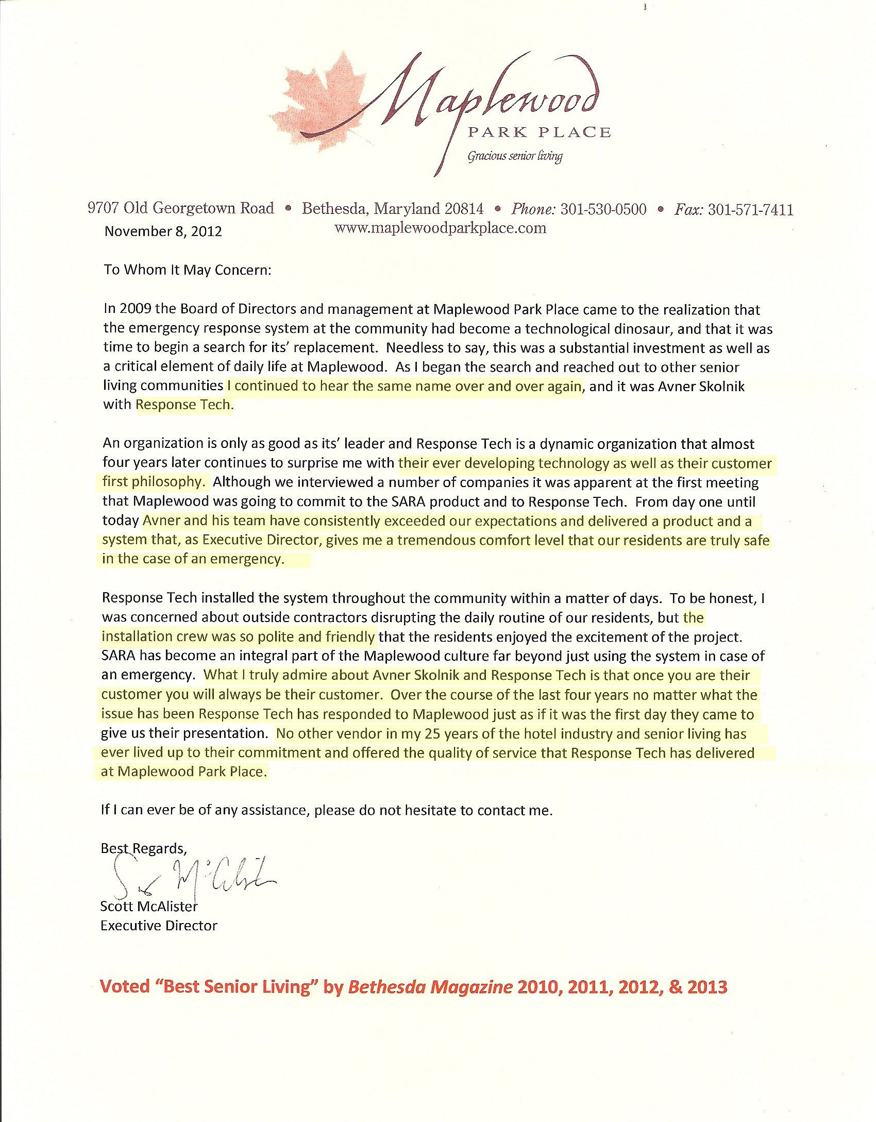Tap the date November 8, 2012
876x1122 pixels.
[163, 231]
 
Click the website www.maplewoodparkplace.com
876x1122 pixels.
[440, 228]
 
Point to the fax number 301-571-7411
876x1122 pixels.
[750, 210]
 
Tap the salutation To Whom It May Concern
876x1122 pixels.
[187, 270]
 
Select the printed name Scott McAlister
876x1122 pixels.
[149, 906]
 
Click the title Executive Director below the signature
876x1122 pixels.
[159, 926]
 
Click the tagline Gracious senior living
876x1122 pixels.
[515, 156]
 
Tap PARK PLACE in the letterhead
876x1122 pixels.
[539, 132]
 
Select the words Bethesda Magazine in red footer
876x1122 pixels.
[430, 986]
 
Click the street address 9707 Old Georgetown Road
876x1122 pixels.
[181, 208]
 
